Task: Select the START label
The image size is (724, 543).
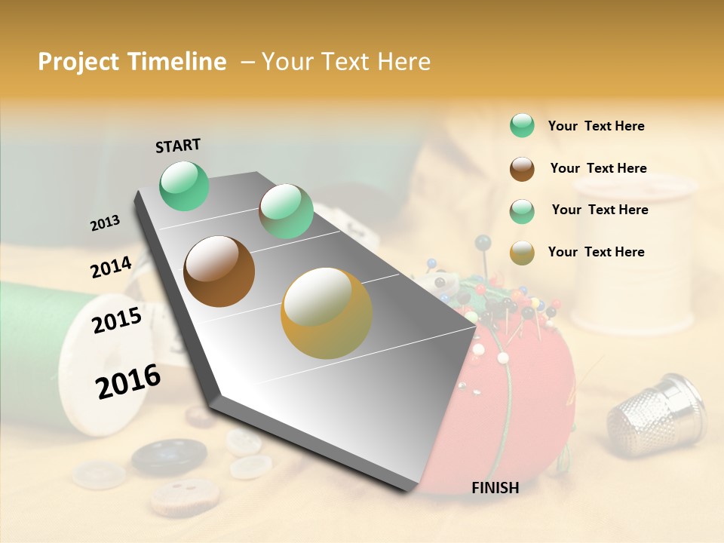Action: tap(178, 146)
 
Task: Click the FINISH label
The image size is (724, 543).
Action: tap(495, 488)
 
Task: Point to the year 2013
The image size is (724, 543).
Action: tap(105, 223)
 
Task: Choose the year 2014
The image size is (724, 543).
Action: tap(111, 268)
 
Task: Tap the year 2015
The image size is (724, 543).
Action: tap(117, 321)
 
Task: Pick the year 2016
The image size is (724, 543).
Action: tap(128, 382)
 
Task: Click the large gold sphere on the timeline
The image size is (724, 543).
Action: tap(327, 312)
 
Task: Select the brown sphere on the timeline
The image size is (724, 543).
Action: tap(219, 271)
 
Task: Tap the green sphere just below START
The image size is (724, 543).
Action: tap(185, 186)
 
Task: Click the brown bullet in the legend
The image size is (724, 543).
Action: tap(522, 169)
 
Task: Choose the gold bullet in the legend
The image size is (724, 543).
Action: tap(522, 253)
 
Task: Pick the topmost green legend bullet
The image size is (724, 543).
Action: tap(522, 125)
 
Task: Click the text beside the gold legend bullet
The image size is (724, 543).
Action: tap(596, 252)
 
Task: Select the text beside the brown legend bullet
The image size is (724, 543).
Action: tap(598, 168)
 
